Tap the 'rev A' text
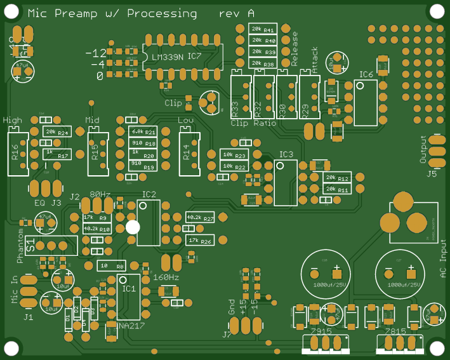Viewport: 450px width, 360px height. coord(237,13)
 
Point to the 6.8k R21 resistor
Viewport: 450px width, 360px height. coord(142,131)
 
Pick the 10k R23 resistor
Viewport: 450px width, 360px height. coord(233,155)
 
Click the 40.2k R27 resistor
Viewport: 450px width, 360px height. coord(199,218)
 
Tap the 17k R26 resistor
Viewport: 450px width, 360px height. coord(199,241)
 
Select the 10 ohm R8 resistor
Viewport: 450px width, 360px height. coord(111,265)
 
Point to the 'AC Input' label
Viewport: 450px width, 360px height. coord(443,261)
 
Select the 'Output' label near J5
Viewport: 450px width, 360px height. coord(424,150)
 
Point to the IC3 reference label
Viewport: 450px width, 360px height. coord(286,154)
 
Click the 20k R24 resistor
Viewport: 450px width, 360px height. coord(56,131)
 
